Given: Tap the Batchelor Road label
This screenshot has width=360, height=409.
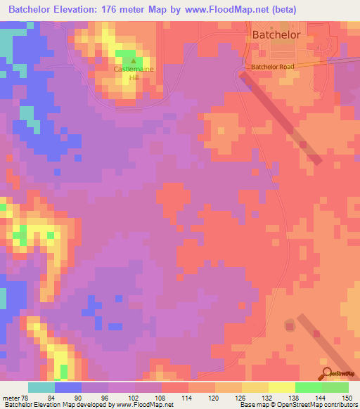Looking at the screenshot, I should [x=274, y=66].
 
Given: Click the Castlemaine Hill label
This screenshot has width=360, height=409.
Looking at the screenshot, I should [x=134, y=74].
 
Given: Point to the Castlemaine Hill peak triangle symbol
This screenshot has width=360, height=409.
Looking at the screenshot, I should [x=134, y=60].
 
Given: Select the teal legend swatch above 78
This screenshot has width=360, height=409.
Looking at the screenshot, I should [x=41, y=387].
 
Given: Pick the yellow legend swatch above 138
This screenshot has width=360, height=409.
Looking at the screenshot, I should [x=282, y=387].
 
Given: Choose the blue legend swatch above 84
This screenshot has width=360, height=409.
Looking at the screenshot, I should [x=68, y=387].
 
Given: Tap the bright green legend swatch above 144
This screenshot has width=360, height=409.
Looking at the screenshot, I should [x=309, y=387].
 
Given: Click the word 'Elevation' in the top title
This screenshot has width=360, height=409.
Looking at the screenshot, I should [x=75, y=9].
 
